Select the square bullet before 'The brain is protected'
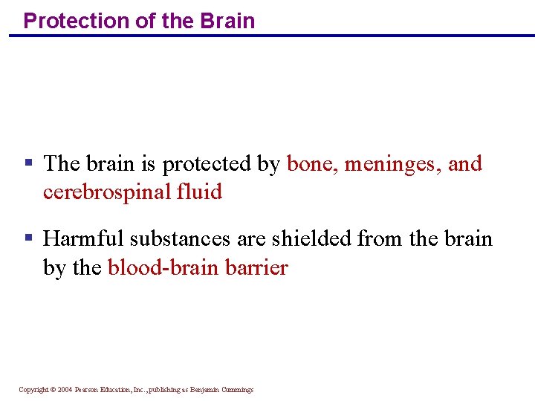[28, 161]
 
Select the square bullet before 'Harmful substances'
[28, 237]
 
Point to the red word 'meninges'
[392, 164]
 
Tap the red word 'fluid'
[199, 192]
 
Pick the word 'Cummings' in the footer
[237, 390]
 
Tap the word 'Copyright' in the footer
[33, 390]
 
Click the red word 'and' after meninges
[465, 163]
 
